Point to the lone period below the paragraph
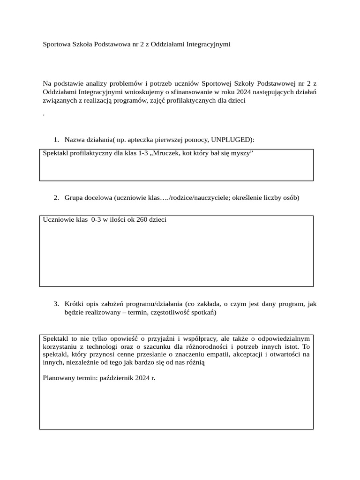[44, 114]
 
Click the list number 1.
[56, 140]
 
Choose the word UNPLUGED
[232, 140]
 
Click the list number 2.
[56, 198]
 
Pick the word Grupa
[74, 198]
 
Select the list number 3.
[56, 304]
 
